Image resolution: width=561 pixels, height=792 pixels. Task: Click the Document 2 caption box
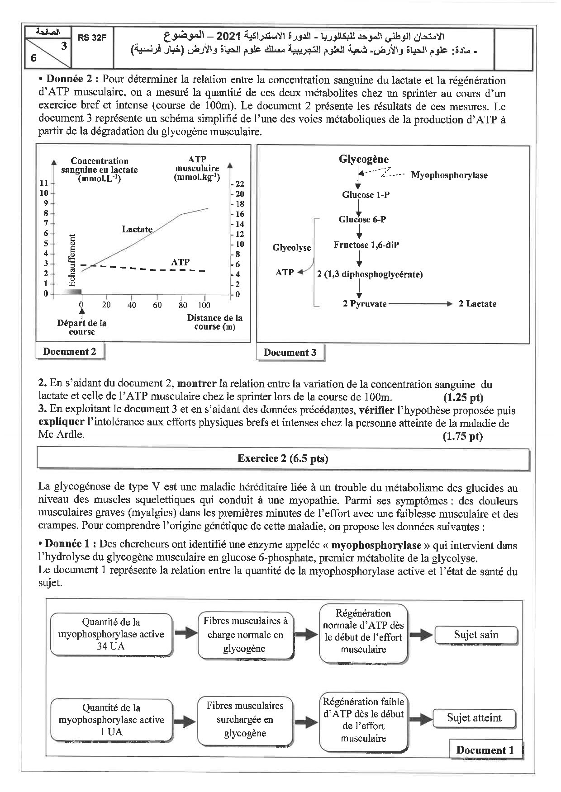pos(70,352)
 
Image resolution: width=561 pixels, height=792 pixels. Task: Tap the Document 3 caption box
pos(290,353)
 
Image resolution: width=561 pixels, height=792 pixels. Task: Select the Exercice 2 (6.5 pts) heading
pos(283,459)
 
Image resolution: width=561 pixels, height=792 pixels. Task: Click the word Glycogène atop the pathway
pos(363,159)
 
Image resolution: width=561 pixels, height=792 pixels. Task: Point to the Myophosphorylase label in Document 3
pos(449,175)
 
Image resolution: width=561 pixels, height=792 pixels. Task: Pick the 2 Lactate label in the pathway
pos(477,304)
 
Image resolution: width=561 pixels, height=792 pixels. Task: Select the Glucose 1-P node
pos(366,195)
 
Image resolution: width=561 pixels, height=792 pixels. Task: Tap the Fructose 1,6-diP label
pos(366,245)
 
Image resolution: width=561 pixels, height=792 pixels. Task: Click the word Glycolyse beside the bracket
pos(292,248)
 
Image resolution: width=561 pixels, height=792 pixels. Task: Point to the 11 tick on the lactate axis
pos(44,183)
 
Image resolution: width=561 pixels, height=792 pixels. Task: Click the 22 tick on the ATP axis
pos(239,184)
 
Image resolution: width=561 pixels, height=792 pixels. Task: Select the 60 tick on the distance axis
pos(157,305)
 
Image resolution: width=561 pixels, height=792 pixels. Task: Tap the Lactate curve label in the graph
pos(137,229)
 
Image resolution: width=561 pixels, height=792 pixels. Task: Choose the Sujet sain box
pos(475,635)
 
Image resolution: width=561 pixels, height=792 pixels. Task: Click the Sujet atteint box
pos(474,718)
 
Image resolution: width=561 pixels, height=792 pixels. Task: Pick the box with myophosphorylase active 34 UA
pos(111,634)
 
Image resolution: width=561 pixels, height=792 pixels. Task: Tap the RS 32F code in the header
pos(91,38)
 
